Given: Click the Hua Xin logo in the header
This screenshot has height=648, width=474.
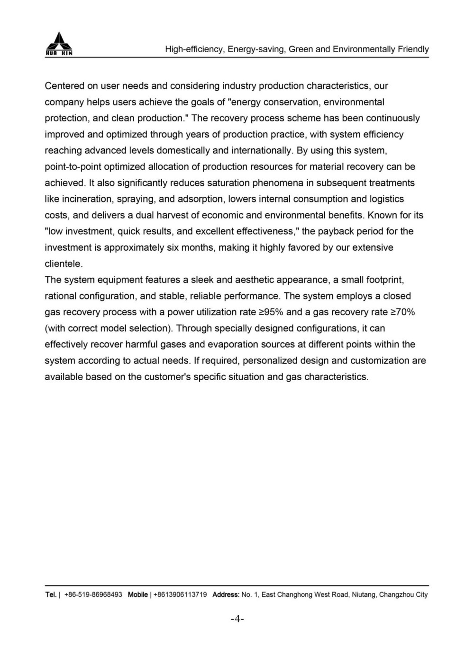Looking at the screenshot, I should click(59, 44).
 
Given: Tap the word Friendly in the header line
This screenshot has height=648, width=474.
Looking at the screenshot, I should click(412, 49).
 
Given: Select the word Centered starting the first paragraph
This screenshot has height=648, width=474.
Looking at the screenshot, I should click(64, 86).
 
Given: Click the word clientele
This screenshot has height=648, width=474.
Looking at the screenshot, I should click(64, 263).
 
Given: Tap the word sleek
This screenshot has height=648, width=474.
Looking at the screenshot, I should click(202, 279).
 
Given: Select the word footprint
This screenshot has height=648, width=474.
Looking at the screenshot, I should click(385, 279).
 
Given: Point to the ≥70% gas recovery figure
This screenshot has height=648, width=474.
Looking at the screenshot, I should click(402, 311).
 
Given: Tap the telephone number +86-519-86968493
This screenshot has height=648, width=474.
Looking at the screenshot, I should click(93, 594).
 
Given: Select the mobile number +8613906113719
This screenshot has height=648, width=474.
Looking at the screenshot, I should click(180, 594).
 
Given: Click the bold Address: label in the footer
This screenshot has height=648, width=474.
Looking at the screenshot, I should click(226, 594).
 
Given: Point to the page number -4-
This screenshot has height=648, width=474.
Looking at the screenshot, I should click(237, 619).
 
